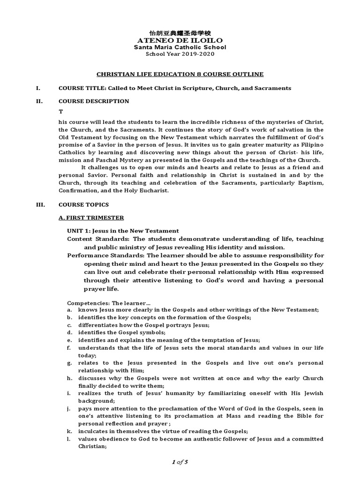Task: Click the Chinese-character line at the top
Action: click(x=180, y=33)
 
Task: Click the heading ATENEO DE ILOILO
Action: click(x=180, y=40)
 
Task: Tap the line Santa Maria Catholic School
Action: click(x=180, y=47)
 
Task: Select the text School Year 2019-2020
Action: click(x=180, y=54)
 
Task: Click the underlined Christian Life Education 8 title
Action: click(x=180, y=74)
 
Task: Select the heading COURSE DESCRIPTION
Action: click(x=93, y=101)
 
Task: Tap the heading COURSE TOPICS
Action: click(x=83, y=204)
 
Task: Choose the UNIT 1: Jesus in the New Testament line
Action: click(x=123, y=231)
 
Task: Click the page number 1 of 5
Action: click(x=180, y=463)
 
